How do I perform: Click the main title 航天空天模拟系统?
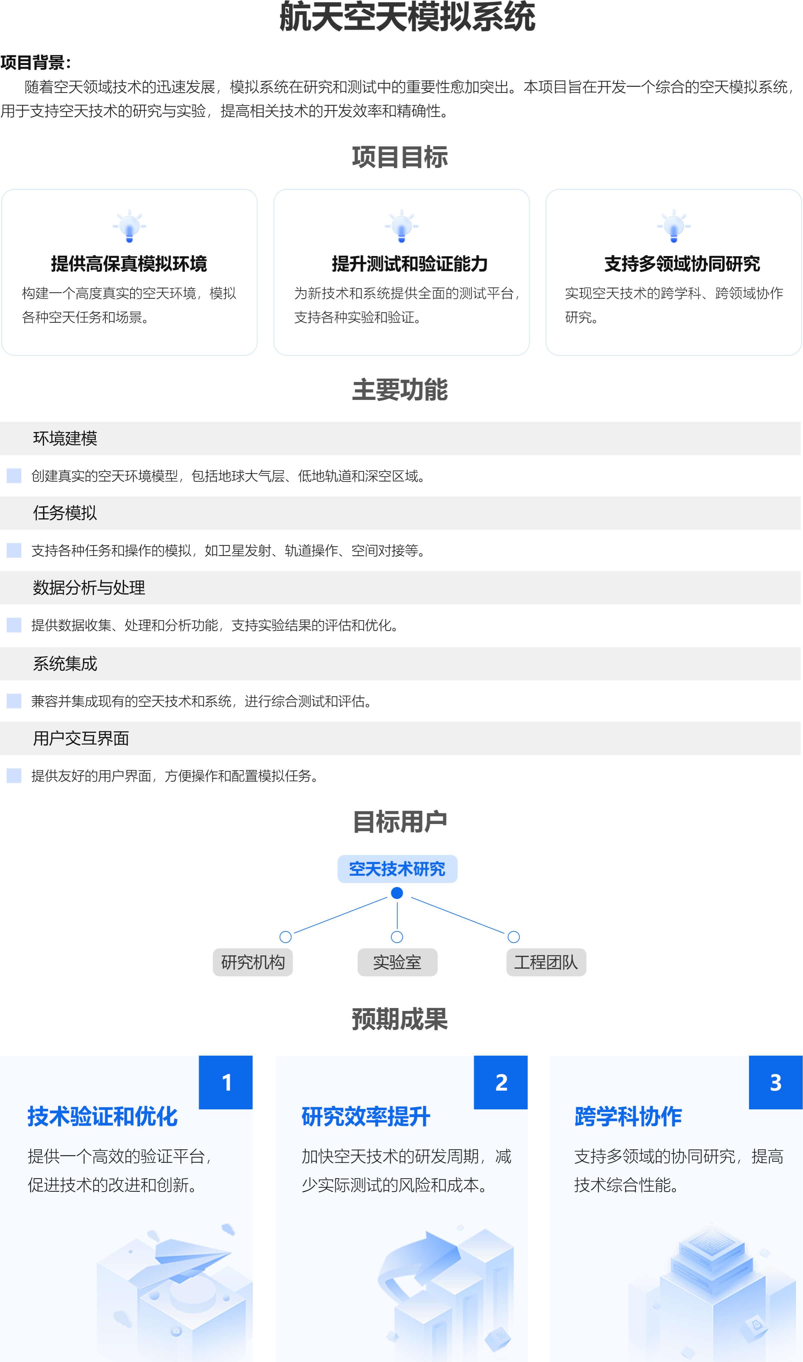[407, 16]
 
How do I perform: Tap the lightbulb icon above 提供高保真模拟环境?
[129, 226]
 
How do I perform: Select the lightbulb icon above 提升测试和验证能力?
[401, 226]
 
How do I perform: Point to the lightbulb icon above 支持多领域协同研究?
[674, 226]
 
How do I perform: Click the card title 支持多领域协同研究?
[682, 264]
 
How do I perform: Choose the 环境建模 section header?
[65, 438]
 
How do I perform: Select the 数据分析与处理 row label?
[89, 587]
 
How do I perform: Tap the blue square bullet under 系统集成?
[14, 701]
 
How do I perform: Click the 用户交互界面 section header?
[81, 738]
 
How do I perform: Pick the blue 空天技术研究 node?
[397, 869]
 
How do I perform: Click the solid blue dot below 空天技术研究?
[397, 893]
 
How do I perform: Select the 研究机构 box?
[253, 962]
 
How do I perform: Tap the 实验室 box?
[397, 962]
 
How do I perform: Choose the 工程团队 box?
[546, 962]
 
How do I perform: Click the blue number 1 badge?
[226, 1082]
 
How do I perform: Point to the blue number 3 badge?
[775, 1082]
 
